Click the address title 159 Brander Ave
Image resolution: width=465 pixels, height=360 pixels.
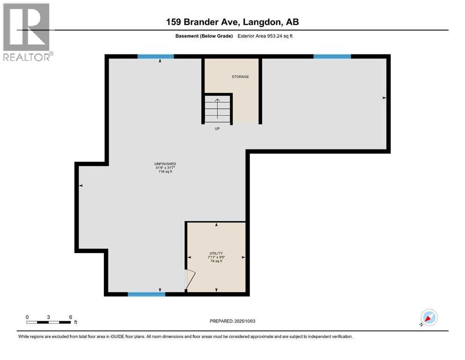pos(232,22)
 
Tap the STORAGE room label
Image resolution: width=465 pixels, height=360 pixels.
pos(240,76)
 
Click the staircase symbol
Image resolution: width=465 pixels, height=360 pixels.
pos(218,108)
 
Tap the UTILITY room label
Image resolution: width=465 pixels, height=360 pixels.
pos(216,253)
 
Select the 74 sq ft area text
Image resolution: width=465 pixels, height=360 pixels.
pos(216,261)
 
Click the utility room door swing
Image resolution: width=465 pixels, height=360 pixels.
pos(191,281)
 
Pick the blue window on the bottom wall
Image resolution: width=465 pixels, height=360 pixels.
pos(146,294)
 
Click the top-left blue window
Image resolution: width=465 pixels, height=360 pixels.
pos(155,56)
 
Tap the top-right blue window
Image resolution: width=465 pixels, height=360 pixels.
pos(332,56)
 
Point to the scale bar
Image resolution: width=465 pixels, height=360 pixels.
pos(49,322)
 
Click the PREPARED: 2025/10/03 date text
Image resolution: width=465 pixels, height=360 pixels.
pos(232,321)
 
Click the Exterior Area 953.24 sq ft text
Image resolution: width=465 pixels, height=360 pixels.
pos(266,36)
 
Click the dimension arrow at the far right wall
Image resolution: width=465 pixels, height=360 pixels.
pos(384,98)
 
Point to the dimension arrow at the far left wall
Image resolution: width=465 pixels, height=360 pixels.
pos(81,186)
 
